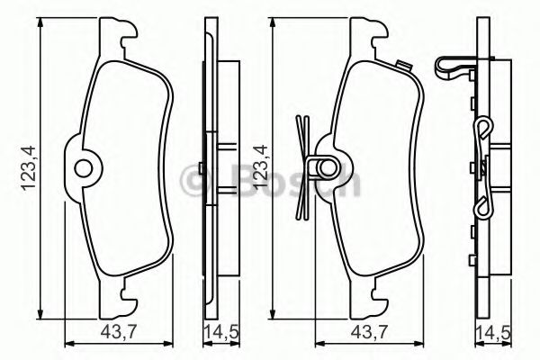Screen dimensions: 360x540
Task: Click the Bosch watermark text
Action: pos(270,180)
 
